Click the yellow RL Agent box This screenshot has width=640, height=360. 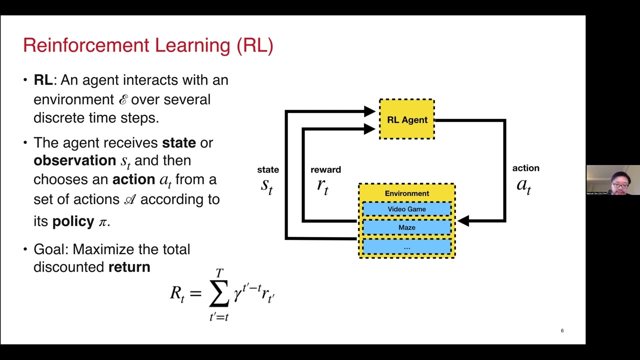(x=407, y=119)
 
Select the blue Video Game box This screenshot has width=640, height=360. (x=406, y=209)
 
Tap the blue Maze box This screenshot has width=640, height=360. (x=406, y=227)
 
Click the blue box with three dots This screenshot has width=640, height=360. (x=406, y=246)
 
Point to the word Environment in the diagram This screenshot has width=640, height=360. (x=406, y=193)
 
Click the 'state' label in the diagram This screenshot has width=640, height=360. (x=268, y=170)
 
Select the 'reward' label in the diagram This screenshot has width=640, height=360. (x=325, y=170)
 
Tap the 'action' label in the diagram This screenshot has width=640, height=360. (x=525, y=168)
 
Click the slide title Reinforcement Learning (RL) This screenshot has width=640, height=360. (x=148, y=45)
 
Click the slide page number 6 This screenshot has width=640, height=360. (x=562, y=330)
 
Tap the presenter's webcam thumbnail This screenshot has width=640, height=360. (x=613, y=180)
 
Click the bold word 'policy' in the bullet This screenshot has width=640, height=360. (x=73, y=221)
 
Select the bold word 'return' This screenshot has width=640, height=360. (x=129, y=267)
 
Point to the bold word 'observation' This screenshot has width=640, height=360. (x=74, y=160)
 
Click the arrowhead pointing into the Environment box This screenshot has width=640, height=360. (x=463, y=220)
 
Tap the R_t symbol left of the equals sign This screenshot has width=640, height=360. (x=177, y=294)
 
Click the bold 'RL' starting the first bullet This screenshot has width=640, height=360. (x=42, y=80)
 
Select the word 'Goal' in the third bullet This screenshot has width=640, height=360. (x=48, y=249)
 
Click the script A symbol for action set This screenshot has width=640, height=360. (x=129, y=199)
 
